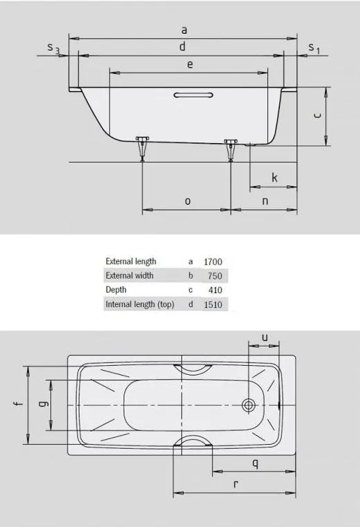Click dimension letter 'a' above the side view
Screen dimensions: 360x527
tap(184, 30)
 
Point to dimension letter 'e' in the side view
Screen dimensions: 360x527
tap(190, 64)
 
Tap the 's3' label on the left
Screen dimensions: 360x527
tap(53, 48)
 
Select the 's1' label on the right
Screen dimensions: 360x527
tap(314, 48)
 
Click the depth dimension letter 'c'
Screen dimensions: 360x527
tap(317, 115)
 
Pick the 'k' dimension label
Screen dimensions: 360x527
tap(275, 177)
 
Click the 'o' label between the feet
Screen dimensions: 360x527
tap(188, 201)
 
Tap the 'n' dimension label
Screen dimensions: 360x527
tap(265, 201)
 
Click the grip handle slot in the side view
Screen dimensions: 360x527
tap(193, 95)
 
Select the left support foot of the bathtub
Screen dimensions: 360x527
tap(142, 148)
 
